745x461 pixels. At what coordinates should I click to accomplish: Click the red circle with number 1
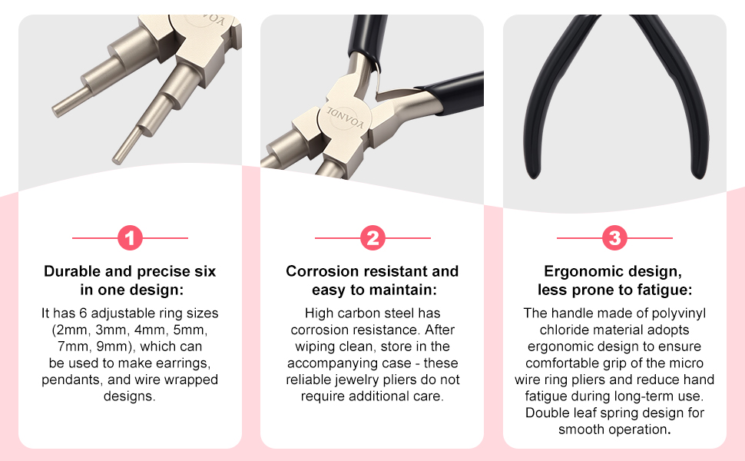[130, 239]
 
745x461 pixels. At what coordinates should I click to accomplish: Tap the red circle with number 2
[372, 239]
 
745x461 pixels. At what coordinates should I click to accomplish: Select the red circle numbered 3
[614, 239]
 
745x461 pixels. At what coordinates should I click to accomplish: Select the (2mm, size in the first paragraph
[68, 330]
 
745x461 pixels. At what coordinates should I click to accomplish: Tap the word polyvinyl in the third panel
[674, 313]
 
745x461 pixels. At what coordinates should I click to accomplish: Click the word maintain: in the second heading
[406, 290]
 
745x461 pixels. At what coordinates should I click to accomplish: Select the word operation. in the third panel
[641, 429]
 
